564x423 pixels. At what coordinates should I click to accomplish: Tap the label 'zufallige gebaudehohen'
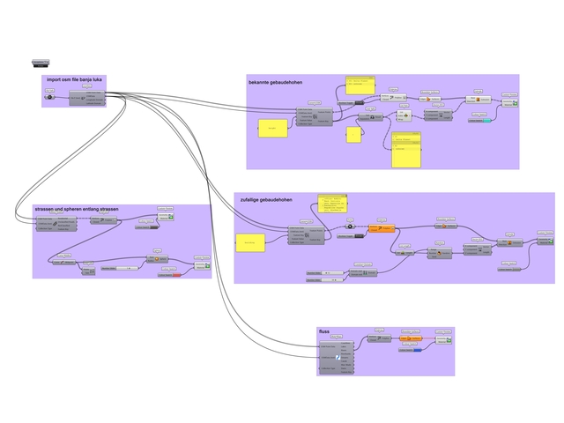[x=267, y=200]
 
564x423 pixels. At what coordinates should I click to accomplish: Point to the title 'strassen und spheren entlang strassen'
[x=76, y=209]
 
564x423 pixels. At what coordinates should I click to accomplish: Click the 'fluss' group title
[x=324, y=332]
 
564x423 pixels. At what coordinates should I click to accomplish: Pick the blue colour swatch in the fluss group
[x=417, y=350]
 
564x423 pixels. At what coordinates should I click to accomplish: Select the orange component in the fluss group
[x=411, y=338]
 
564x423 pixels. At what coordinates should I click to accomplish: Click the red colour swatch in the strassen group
[x=175, y=275]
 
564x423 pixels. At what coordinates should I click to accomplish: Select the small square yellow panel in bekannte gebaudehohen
[x=353, y=134]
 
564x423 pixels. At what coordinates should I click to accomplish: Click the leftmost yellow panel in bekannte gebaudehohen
[x=273, y=130]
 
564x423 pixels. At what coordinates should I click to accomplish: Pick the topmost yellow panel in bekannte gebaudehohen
[x=360, y=84]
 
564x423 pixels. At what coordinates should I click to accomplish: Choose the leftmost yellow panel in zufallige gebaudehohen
[x=251, y=242]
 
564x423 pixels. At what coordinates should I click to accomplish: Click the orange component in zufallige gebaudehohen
[x=379, y=228]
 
